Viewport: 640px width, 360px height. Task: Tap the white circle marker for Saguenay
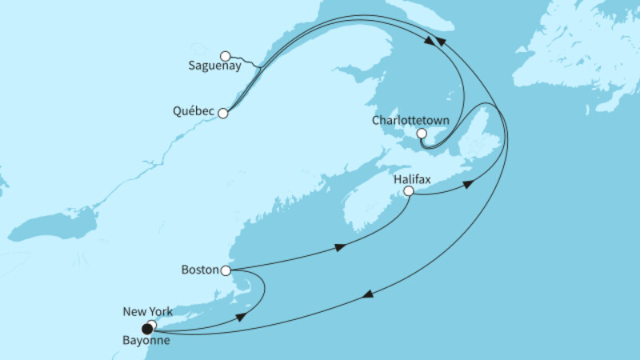(x=226, y=56)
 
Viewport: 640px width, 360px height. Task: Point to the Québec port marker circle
(x=223, y=114)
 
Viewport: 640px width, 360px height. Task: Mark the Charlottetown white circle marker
(x=422, y=134)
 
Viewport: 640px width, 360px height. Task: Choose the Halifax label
(x=413, y=180)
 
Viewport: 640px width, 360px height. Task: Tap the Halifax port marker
(x=409, y=192)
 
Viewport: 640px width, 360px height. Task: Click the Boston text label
(x=200, y=270)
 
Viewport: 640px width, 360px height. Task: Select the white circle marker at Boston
(x=226, y=271)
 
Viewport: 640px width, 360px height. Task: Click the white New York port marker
(x=152, y=324)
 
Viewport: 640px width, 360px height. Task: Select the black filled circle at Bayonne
(x=146, y=329)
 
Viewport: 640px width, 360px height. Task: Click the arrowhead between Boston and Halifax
(x=341, y=246)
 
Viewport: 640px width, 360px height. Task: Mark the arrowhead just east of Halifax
(x=470, y=183)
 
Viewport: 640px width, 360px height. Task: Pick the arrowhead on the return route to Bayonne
(x=367, y=296)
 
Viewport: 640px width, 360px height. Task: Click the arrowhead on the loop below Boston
(x=242, y=318)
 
